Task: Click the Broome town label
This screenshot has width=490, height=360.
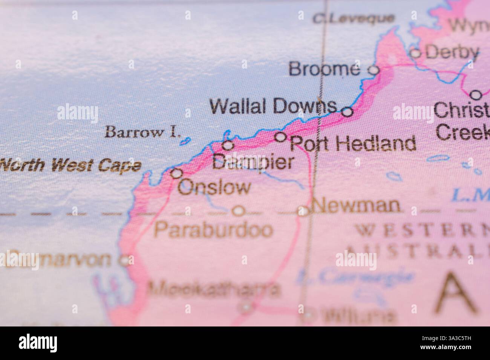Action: (x=324, y=69)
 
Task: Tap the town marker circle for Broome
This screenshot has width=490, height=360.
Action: (x=373, y=70)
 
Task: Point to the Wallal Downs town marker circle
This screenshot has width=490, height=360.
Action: (x=347, y=112)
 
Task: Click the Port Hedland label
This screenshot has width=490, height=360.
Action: (x=354, y=143)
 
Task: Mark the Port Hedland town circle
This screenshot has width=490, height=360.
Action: (x=280, y=137)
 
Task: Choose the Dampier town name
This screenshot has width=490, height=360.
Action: (x=253, y=162)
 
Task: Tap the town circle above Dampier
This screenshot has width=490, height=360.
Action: (x=228, y=145)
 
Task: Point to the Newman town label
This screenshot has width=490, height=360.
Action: (x=356, y=206)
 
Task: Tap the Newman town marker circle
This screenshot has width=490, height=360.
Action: (x=303, y=211)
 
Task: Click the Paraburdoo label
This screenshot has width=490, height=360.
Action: (x=213, y=229)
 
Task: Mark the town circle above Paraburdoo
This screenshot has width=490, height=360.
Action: (x=238, y=211)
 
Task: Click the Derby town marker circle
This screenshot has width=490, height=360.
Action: (x=415, y=53)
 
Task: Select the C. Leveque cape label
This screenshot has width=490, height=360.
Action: (x=354, y=18)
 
